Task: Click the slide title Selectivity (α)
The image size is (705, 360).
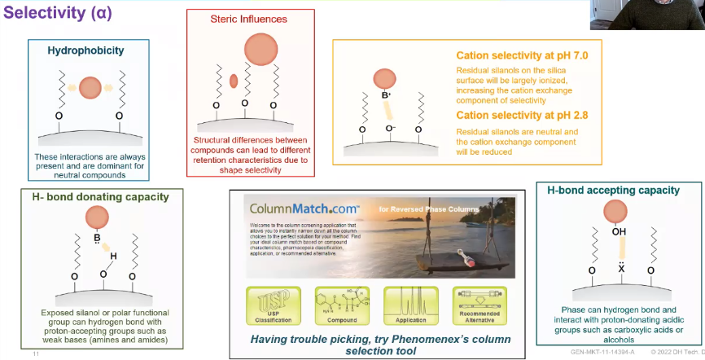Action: (x=62, y=15)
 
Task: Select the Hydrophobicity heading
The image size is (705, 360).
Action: (x=85, y=50)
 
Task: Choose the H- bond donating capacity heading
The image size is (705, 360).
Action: (x=96, y=196)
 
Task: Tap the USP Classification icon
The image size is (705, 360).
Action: (x=270, y=302)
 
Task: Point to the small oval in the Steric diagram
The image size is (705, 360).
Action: (x=234, y=81)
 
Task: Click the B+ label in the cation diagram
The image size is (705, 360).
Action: (x=387, y=96)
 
